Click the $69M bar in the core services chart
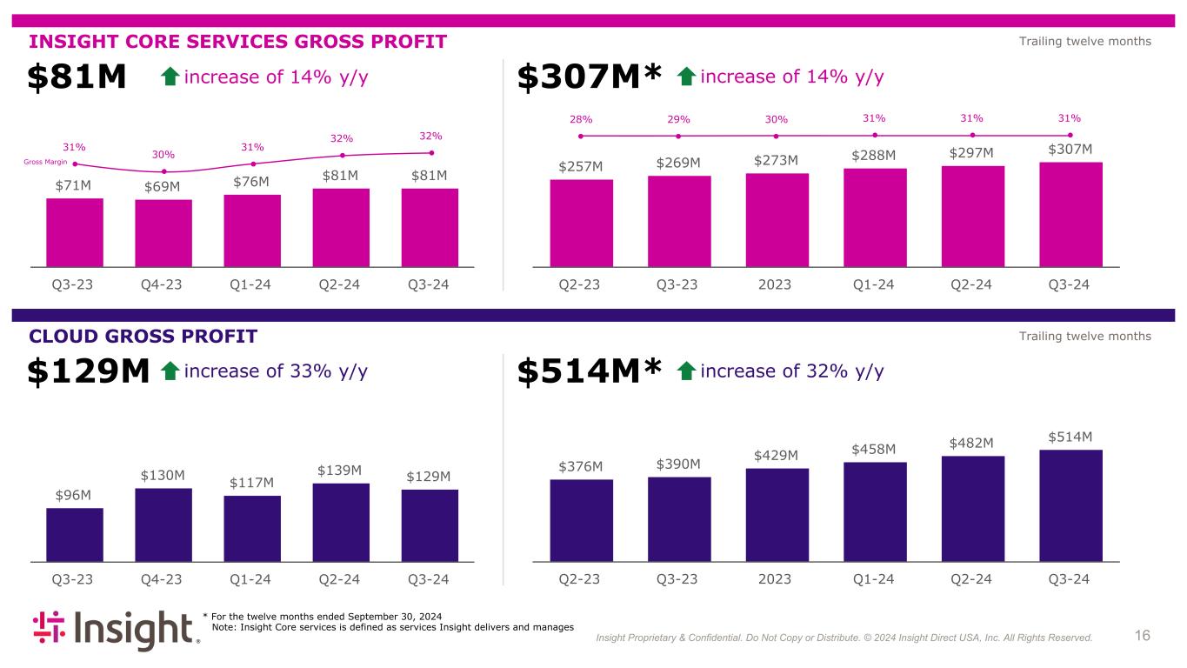(163, 232)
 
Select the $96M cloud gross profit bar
(75, 534)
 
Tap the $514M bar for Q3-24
(1070, 504)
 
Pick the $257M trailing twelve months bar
(581, 222)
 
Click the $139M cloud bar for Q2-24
(341, 522)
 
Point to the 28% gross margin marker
(581, 136)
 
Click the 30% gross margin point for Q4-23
(163, 171)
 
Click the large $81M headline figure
(77, 78)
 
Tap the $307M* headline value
(590, 78)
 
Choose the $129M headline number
(90, 372)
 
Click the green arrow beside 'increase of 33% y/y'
(170, 372)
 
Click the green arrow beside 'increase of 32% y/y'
(686, 372)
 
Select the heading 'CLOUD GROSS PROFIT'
(143, 336)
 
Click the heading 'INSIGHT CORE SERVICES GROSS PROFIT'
(238, 42)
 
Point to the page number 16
(1143, 636)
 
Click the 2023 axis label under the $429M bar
(777, 579)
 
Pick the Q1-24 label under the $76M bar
(252, 284)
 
